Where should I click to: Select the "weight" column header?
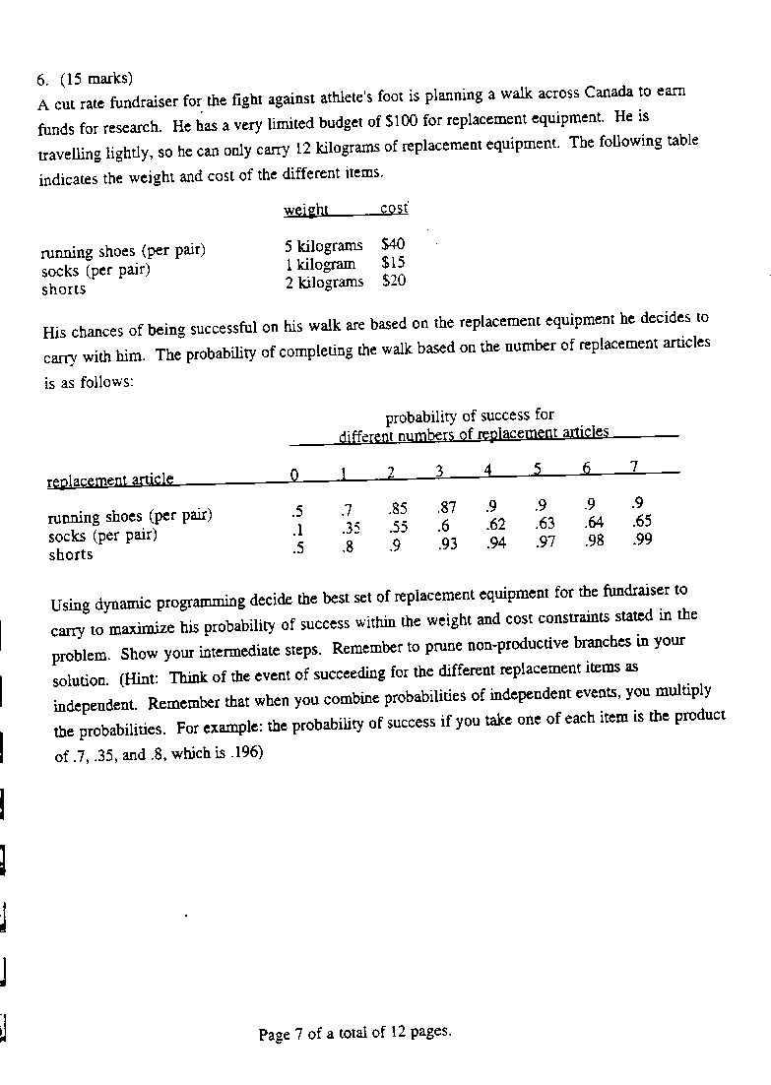tap(305, 210)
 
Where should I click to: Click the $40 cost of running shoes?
tap(393, 244)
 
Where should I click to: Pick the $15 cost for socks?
tap(393, 263)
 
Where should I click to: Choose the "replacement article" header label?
tap(110, 479)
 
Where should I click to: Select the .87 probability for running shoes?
tap(446, 509)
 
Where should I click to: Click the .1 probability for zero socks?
tap(296, 527)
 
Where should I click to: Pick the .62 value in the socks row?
tap(495, 525)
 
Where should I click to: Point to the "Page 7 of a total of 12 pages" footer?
tap(354, 1034)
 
